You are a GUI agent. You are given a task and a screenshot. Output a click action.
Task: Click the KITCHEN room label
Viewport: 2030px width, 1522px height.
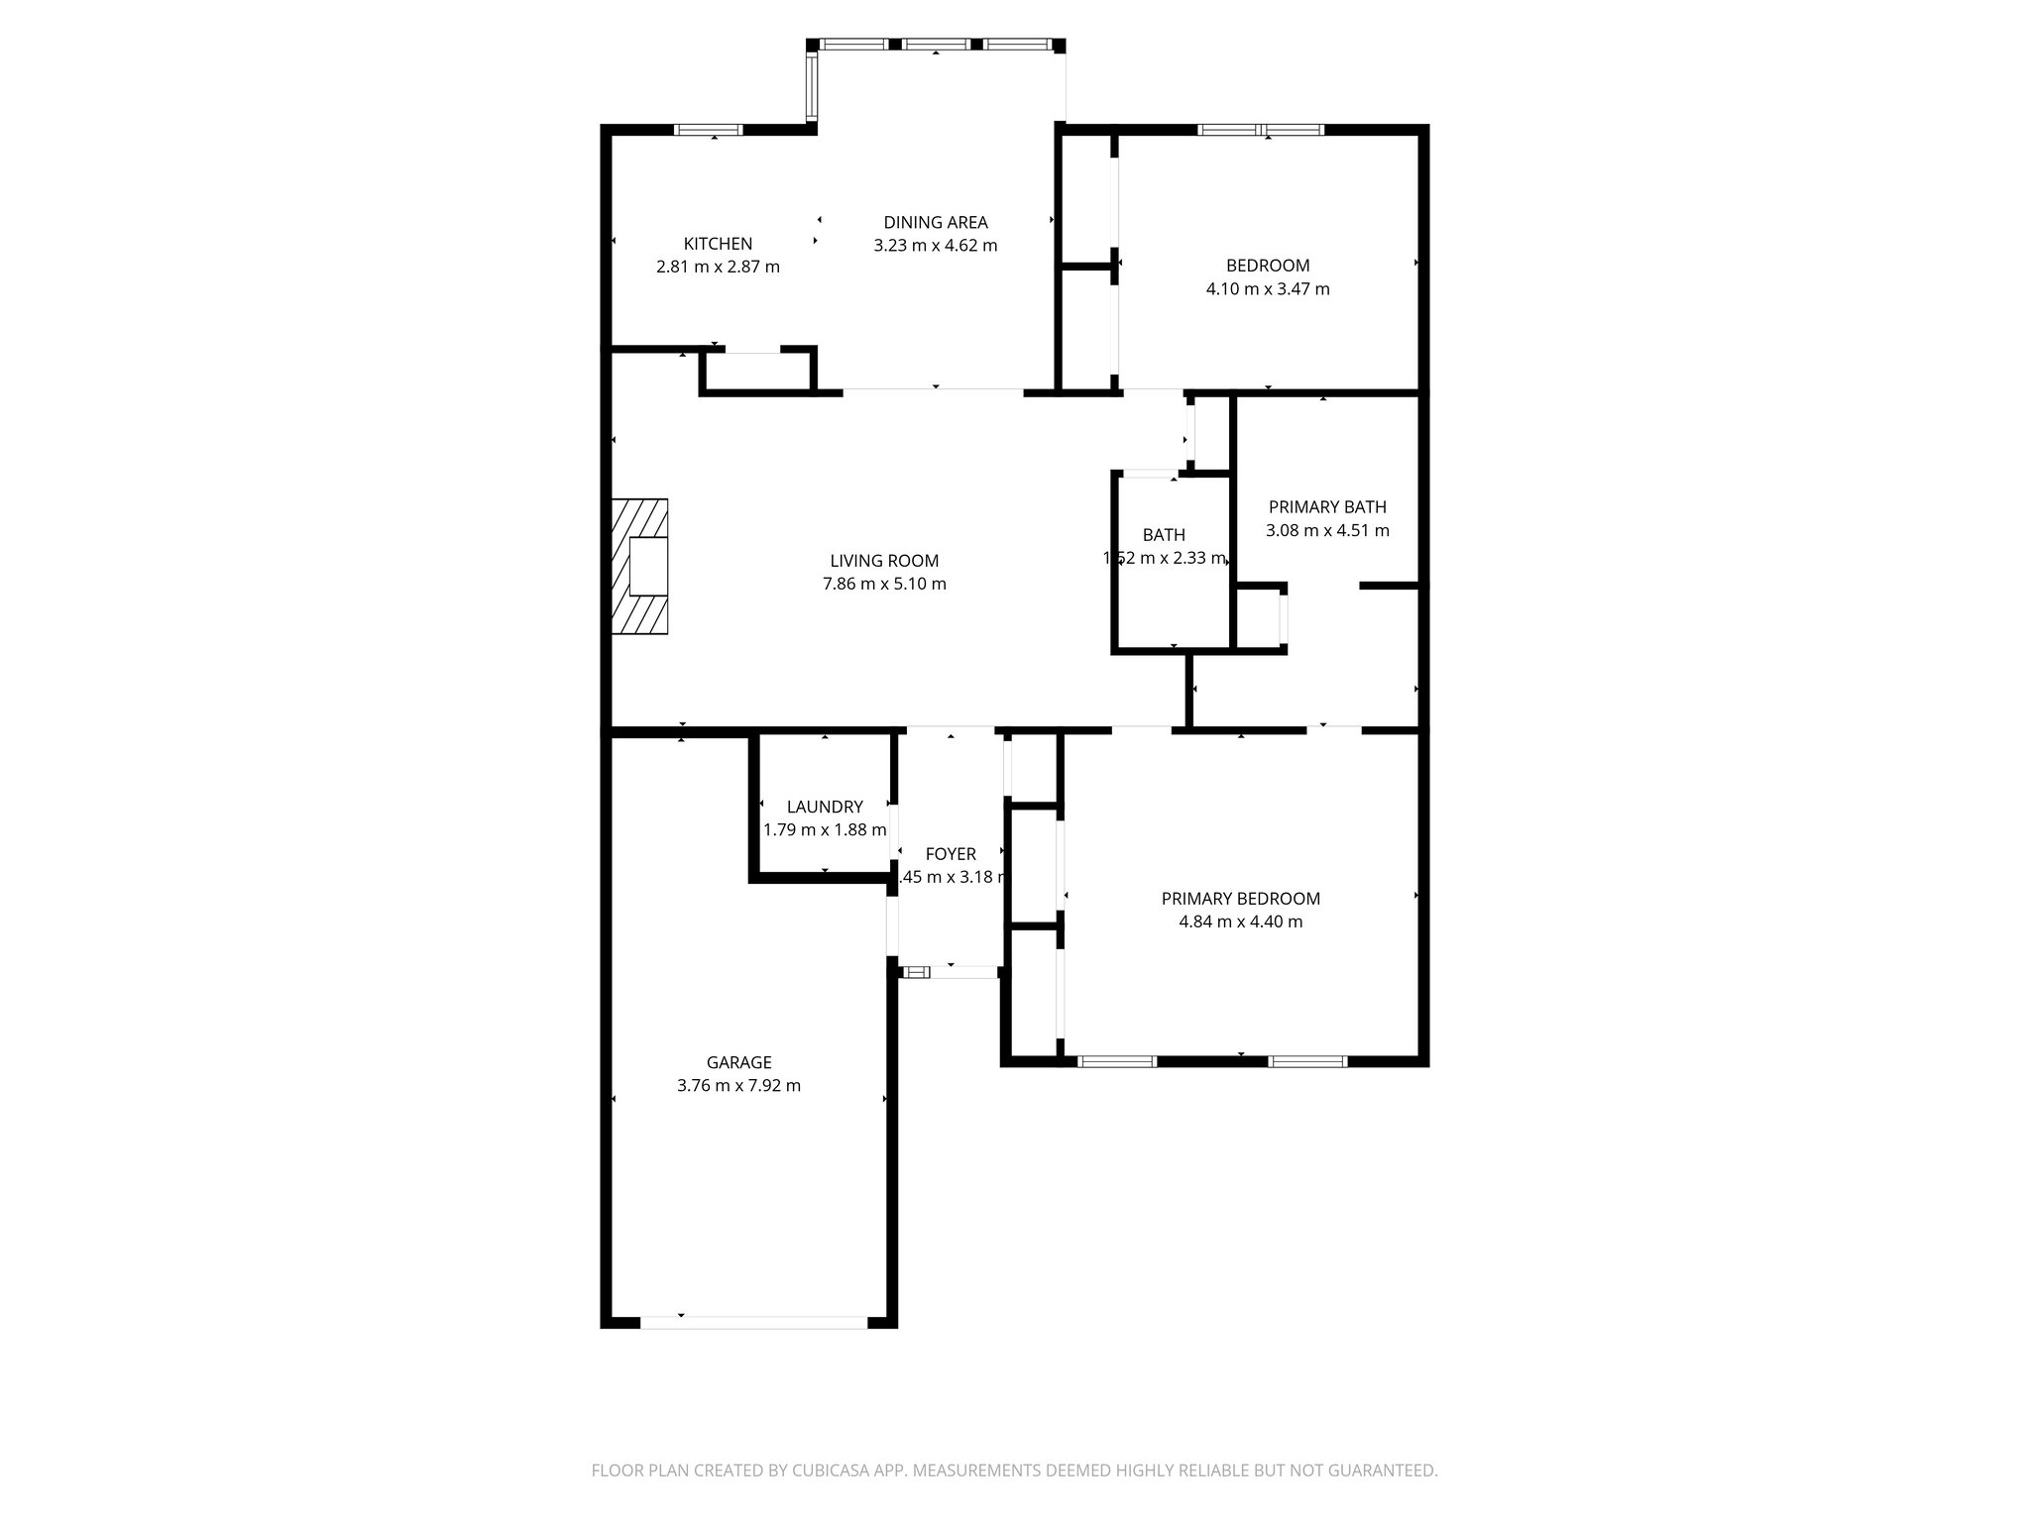coord(718,244)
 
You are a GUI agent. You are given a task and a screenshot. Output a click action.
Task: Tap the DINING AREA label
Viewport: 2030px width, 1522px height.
coord(936,223)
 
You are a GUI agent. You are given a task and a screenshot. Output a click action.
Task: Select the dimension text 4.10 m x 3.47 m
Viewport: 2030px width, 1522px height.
coord(1268,289)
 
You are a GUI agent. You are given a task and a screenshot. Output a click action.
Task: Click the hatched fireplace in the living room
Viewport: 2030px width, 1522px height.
coord(639,566)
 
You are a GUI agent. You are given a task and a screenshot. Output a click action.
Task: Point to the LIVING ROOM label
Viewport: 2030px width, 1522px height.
coord(884,561)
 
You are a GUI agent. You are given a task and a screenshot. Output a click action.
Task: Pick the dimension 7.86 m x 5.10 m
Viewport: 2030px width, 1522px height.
coord(884,585)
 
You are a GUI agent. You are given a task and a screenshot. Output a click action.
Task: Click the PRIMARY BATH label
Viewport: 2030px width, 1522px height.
coord(1327,507)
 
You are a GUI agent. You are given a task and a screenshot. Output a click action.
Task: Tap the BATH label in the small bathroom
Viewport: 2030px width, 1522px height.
coord(1164,535)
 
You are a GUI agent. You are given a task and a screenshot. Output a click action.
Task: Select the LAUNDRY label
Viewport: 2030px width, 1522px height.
coord(825,807)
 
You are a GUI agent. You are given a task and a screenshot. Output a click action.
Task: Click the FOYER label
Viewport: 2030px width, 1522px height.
coord(951,854)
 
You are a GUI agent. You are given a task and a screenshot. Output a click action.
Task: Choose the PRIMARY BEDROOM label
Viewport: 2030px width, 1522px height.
coord(1241,899)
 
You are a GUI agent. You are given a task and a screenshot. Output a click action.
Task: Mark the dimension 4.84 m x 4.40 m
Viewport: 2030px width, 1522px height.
coord(1241,923)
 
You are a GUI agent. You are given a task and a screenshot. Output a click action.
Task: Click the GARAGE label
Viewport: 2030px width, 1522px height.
coord(738,1063)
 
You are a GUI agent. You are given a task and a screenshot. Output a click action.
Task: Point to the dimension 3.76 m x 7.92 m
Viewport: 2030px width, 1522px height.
coord(738,1086)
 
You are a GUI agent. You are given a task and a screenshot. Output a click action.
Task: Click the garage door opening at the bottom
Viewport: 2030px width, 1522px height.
coord(754,1322)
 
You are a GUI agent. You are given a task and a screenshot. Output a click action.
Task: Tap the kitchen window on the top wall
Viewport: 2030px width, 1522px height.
coord(708,130)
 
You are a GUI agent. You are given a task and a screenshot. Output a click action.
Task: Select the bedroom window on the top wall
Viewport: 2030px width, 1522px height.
coord(1261,130)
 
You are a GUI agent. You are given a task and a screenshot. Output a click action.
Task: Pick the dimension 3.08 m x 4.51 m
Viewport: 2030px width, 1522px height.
coord(1327,531)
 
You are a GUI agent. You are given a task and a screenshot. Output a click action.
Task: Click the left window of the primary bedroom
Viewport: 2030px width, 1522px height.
coord(1117,1061)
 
